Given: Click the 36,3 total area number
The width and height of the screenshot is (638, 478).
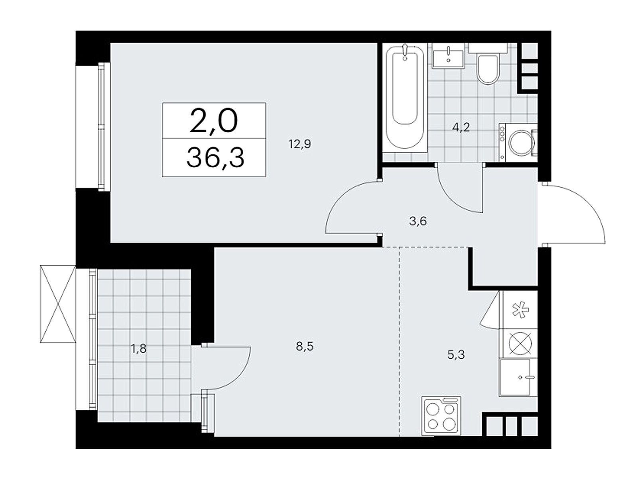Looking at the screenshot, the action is pyautogui.click(x=215, y=158).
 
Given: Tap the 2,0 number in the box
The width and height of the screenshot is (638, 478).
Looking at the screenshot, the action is pyautogui.click(x=214, y=121).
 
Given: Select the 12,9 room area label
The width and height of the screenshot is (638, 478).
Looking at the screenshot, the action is pyautogui.click(x=300, y=144).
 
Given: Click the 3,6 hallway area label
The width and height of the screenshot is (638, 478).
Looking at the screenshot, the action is pyautogui.click(x=417, y=221).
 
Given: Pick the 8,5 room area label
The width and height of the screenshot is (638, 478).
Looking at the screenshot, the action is pyautogui.click(x=305, y=346).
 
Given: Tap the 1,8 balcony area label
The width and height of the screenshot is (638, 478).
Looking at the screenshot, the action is pyautogui.click(x=139, y=349).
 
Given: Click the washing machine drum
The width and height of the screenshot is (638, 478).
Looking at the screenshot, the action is pyautogui.click(x=521, y=142).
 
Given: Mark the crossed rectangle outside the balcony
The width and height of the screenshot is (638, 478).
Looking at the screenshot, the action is pyautogui.click(x=58, y=304).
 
